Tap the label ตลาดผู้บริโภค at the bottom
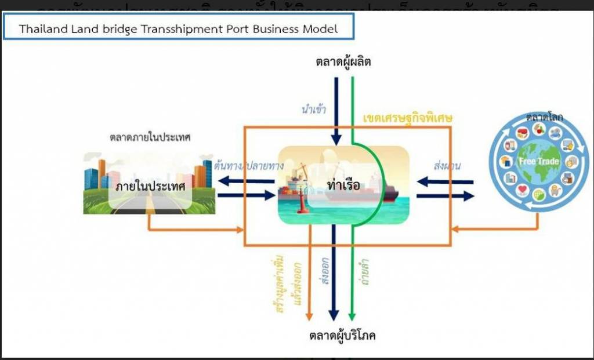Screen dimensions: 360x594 pos(342,336)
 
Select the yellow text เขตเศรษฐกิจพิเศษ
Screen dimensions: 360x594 pos(407,118)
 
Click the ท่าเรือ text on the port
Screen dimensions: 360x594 pos(343,186)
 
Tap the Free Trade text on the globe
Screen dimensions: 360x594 pos(539,161)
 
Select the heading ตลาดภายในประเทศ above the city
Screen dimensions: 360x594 pos(150,138)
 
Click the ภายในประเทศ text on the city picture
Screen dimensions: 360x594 pos(150,187)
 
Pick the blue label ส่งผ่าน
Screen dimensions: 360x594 pos(447,165)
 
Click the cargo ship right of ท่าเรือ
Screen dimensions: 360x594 pos(380,191)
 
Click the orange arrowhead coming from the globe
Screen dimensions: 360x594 pos(455,230)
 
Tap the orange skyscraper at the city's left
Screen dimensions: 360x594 pos(102,173)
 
